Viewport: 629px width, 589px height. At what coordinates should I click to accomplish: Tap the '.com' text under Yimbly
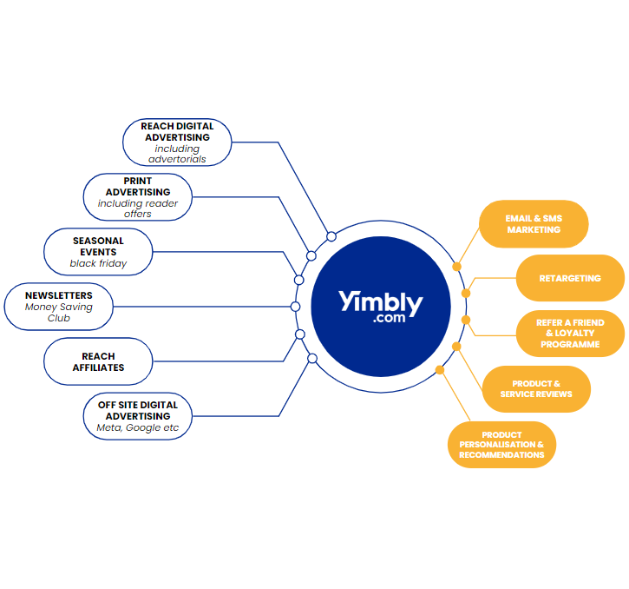click(389, 320)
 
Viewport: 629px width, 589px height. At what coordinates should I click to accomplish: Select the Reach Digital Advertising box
click(177, 142)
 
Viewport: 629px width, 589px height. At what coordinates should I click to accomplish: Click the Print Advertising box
click(138, 197)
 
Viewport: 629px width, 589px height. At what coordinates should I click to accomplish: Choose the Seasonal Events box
click(98, 252)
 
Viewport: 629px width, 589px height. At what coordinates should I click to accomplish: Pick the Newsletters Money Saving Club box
click(59, 307)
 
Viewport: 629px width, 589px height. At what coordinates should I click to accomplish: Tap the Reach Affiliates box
click(98, 361)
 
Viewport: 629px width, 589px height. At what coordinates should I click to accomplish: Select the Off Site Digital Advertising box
click(138, 416)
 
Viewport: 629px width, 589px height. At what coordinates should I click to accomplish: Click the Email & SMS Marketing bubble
click(534, 224)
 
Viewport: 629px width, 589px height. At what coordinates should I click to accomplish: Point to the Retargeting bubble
click(570, 279)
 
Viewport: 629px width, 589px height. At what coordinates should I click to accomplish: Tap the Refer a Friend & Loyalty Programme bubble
click(570, 334)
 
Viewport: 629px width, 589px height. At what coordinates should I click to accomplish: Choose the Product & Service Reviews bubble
click(536, 389)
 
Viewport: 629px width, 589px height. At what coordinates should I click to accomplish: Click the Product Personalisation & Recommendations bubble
click(501, 444)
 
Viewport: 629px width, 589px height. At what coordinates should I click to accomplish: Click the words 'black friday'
click(98, 263)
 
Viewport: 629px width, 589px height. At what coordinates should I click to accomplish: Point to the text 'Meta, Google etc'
click(138, 427)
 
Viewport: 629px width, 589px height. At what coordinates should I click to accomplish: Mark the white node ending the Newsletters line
click(295, 307)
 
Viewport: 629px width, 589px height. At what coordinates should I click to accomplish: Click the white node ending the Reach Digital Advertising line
click(331, 236)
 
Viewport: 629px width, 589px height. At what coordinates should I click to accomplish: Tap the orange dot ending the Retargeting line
click(466, 293)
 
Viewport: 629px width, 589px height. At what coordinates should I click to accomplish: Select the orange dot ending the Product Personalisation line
click(440, 370)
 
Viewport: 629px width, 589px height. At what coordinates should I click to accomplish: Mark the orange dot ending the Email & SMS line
click(457, 266)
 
